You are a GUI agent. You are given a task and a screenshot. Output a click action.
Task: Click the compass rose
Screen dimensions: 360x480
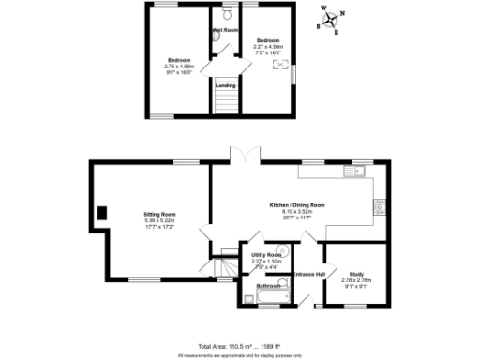(331, 21)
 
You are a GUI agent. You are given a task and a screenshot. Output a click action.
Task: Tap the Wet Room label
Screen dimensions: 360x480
(226, 30)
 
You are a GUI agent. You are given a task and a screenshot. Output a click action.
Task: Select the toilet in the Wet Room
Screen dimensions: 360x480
(229, 13)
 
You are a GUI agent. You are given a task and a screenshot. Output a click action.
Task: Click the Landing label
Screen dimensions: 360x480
(226, 85)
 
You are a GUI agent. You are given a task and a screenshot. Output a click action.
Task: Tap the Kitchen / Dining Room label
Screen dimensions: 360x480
(296, 204)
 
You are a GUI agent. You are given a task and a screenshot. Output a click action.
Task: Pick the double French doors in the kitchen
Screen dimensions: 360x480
(244, 156)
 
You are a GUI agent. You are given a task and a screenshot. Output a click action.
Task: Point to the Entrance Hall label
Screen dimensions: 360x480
(308, 274)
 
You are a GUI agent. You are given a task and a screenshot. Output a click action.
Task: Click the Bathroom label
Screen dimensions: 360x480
(270, 284)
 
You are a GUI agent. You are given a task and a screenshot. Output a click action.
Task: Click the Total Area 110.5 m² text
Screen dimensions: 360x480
(225, 347)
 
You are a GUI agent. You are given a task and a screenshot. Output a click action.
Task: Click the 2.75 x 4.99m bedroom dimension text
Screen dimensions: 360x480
(178, 67)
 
